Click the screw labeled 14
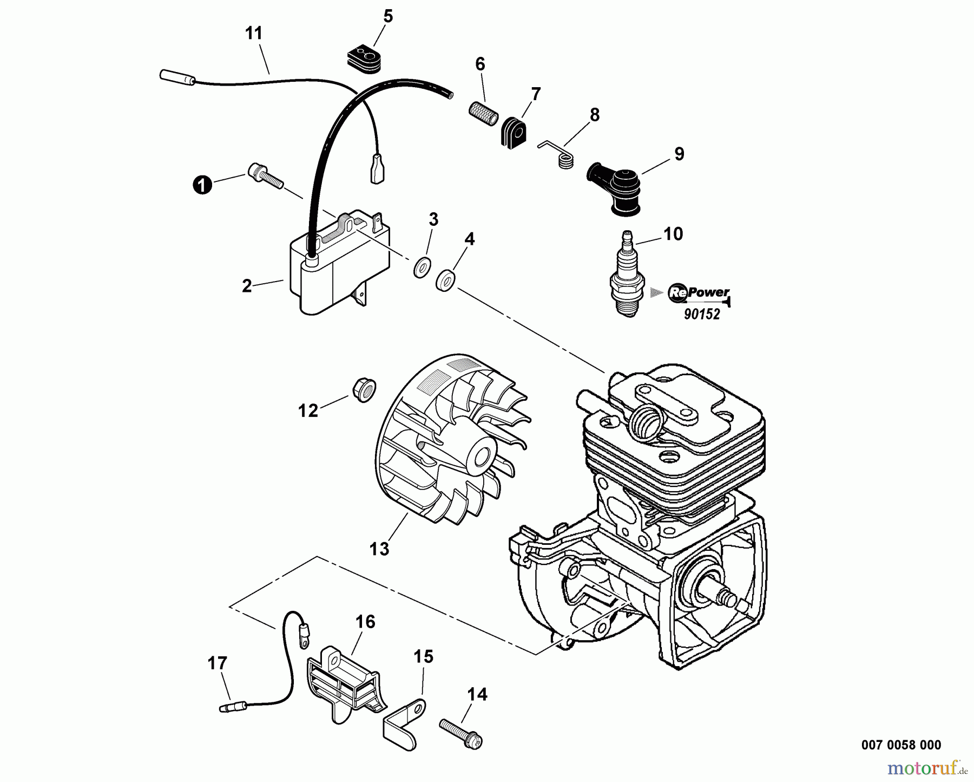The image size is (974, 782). [x=460, y=732]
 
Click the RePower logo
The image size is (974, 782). [x=699, y=293]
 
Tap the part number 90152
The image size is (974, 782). [x=702, y=315]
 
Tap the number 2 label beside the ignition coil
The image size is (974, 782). [x=247, y=286]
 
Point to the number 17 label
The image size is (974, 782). [x=218, y=663]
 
